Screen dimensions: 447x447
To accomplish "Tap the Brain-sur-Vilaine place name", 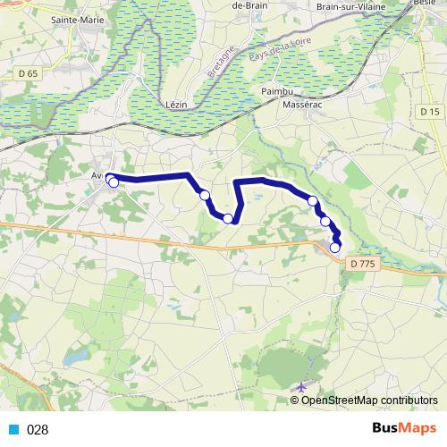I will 355,6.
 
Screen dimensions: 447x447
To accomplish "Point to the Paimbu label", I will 276,91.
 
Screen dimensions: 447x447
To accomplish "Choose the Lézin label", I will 177,104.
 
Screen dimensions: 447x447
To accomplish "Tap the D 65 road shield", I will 27,72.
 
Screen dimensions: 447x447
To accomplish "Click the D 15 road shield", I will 430,111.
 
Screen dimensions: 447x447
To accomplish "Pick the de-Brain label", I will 251,5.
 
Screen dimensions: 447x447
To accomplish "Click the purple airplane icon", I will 300,387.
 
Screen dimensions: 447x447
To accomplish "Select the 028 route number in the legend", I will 37,429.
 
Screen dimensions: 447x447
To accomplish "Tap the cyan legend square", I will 13,429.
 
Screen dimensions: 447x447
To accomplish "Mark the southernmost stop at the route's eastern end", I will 335,248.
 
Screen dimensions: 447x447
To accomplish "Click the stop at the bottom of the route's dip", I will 228,218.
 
